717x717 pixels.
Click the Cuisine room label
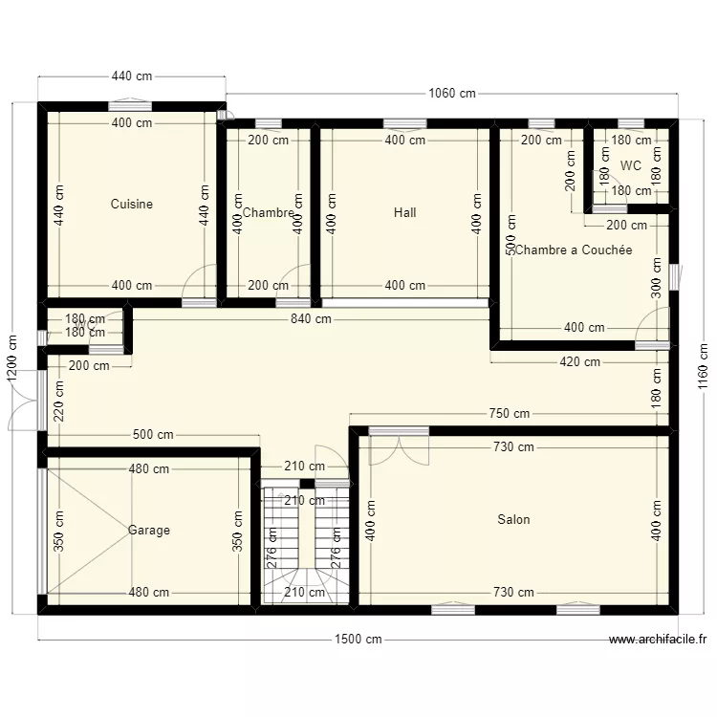[131, 205]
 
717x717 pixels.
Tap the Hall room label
[404, 212]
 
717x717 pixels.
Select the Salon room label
[513, 520]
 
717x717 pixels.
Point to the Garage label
[149, 530]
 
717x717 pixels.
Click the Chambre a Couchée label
[574, 250]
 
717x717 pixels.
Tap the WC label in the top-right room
[630, 165]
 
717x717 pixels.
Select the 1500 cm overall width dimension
[358, 640]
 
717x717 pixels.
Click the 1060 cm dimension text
[452, 94]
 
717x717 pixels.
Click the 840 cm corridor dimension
[311, 319]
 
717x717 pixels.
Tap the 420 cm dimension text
[579, 362]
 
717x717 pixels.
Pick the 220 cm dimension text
[59, 402]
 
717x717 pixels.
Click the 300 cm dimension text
[657, 278]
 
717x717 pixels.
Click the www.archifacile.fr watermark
[658, 641]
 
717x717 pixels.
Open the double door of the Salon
[400, 445]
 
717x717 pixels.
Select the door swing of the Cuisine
[199, 284]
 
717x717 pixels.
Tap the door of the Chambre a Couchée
[653, 327]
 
